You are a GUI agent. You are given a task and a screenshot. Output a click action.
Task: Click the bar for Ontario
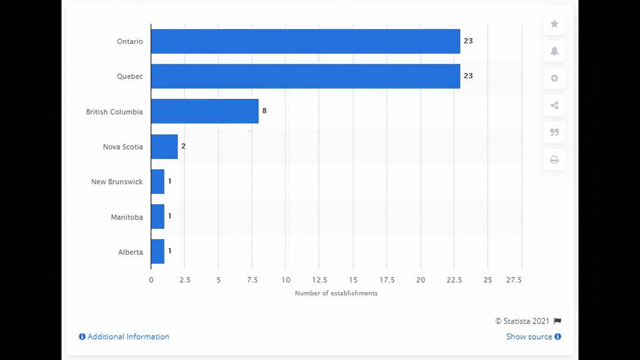point(305,41)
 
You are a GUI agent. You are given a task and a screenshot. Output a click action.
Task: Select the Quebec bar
point(305,76)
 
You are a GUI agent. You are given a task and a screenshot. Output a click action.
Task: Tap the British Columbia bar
point(204,111)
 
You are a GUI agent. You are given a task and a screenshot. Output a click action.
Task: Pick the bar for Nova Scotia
point(164,146)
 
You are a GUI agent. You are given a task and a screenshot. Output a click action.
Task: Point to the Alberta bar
point(157,251)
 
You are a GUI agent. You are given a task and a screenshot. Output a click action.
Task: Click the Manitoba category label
point(126,217)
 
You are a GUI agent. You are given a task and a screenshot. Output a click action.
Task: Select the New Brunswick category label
point(116,182)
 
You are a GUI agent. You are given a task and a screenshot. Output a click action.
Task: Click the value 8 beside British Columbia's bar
point(264,110)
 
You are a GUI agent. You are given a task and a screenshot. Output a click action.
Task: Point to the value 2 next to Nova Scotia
point(183,146)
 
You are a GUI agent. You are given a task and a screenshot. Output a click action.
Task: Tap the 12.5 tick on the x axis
point(319,280)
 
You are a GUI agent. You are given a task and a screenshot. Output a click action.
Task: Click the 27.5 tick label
point(513,280)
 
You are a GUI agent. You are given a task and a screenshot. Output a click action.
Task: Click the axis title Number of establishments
point(336,293)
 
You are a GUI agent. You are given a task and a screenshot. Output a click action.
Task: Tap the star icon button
point(554,24)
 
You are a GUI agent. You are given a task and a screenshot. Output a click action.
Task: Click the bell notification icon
point(554,51)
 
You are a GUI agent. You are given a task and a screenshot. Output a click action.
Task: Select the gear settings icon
point(554,78)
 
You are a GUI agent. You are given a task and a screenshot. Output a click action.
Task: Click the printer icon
point(554,160)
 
